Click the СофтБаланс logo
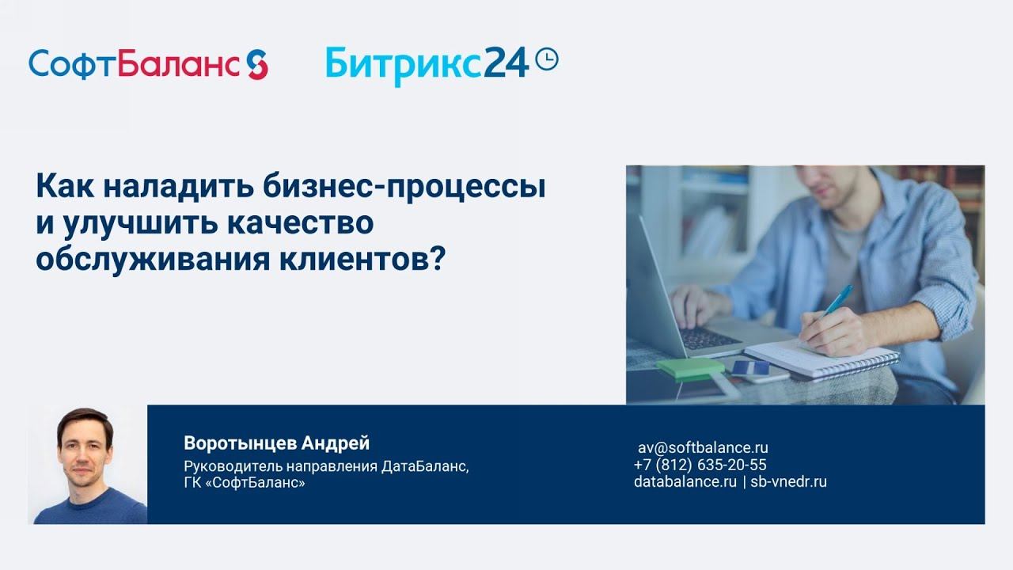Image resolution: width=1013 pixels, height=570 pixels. click(x=135, y=63)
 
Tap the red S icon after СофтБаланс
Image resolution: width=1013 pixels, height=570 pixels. click(x=256, y=63)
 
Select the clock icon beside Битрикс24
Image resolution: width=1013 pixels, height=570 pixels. click(x=547, y=59)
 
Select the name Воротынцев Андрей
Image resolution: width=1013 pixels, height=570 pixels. click(x=276, y=443)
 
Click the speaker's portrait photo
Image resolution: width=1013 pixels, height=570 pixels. click(x=87, y=465)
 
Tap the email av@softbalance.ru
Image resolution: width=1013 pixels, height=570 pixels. click(x=703, y=447)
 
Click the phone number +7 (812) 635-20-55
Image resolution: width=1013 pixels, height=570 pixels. click(x=700, y=465)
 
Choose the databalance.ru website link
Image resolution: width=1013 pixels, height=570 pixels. click(x=685, y=481)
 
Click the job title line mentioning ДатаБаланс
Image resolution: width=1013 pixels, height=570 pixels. click(x=326, y=466)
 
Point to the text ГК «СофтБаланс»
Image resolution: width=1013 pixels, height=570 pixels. click(x=244, y=482)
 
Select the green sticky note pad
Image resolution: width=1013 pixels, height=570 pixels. click(x=690, y=367)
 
